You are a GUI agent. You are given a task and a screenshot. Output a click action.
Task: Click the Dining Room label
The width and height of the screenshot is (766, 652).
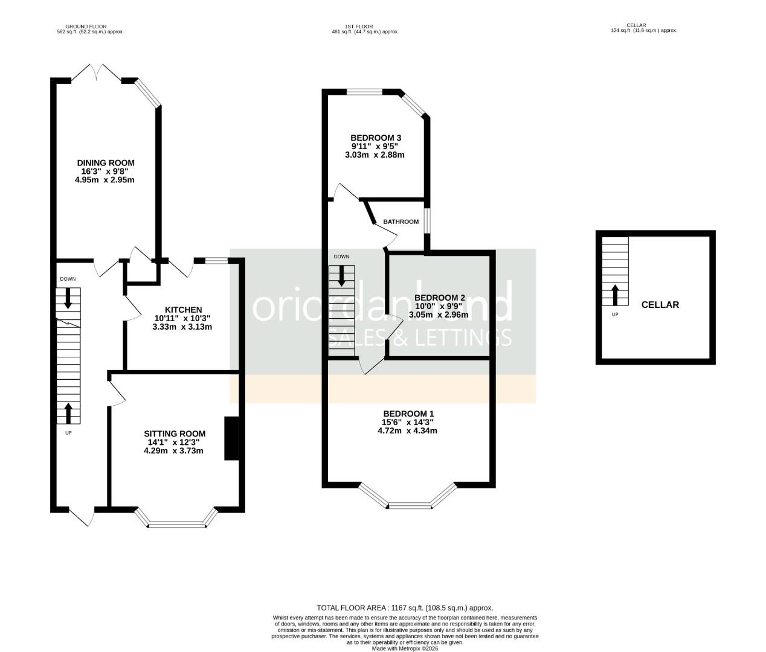(x=106, y=163)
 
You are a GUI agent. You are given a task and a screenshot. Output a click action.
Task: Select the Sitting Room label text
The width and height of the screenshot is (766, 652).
(x=175, y=433)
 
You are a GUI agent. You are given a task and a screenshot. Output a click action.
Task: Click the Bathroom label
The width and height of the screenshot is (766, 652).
(x=401, y=222)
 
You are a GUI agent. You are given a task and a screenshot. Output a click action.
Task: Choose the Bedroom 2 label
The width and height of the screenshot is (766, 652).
(x=439, y=298)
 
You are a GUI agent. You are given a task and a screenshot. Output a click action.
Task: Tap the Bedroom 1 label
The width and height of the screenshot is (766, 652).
(x=408, y=414)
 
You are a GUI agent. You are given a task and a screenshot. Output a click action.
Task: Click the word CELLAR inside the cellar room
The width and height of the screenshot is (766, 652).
(x=660, y=305)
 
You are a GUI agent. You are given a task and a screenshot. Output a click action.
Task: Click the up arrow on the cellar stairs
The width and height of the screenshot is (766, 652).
(x=615, y=295)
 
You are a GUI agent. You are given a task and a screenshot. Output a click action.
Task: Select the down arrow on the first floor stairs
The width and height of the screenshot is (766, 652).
(x=341, y=275)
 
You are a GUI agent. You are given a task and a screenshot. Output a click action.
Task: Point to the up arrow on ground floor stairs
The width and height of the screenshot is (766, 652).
(x=68, y=414)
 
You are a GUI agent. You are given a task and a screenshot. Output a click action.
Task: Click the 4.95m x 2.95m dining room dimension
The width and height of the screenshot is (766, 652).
(x=106, y=180)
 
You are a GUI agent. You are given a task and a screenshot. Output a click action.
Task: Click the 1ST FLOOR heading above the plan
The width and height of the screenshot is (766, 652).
(x=359, y=27)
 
